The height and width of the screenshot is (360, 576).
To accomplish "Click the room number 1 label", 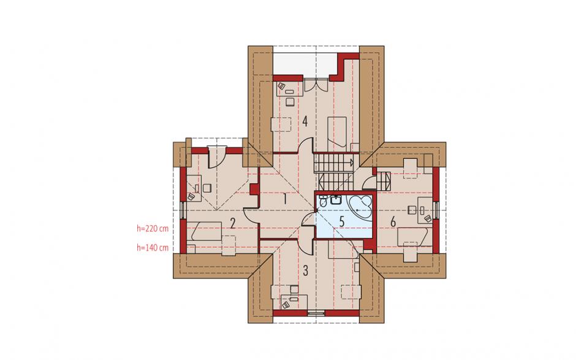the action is click(284, 199).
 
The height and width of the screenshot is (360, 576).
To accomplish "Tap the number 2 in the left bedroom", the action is click(232, 223).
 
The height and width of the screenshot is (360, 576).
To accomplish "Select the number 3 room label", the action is click(305, 270).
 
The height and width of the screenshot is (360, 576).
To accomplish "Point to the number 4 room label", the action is click(305, 121).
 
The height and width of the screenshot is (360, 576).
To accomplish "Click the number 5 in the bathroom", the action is click(342, 222).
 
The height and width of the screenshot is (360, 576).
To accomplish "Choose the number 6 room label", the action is click(393, 222).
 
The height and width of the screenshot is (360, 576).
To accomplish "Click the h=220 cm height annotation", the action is click(153, 228).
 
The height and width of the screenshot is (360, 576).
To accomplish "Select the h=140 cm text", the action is click(153, 248).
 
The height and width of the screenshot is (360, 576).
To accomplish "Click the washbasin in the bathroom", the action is click(336, 200).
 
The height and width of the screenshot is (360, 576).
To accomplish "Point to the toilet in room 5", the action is click(323, 201).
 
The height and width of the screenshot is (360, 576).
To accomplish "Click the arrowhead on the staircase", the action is click(352, 162).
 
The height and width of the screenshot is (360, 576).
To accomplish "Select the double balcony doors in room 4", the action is click(316, 85).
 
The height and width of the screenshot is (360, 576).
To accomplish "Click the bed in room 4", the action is click(337, 132).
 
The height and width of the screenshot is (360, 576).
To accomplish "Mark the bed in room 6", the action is click(415, 237).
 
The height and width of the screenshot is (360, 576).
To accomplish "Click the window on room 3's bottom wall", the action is click(316, 313).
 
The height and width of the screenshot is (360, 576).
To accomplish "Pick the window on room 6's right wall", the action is click(436, 210).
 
